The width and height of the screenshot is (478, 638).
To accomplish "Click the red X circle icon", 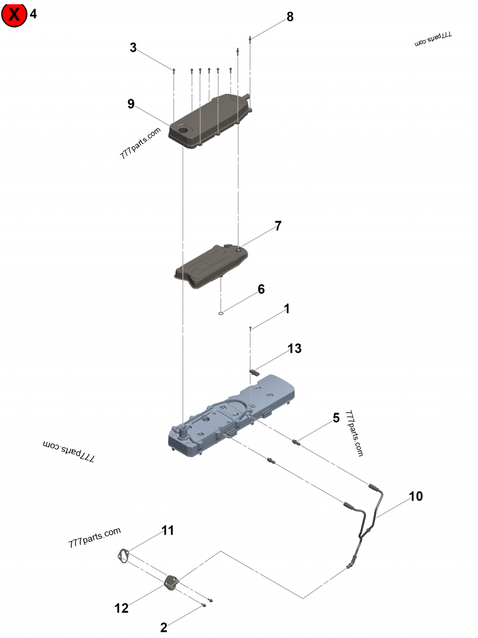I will [14, 15].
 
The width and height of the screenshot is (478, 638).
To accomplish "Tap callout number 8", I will [290, 17].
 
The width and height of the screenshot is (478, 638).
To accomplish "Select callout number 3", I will [133, 48].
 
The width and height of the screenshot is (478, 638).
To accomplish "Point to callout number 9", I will [131, 104].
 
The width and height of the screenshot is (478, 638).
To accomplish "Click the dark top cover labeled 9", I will [209, 123].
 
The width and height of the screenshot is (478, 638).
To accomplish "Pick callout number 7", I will [278, 226].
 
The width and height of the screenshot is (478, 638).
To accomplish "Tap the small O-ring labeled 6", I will [221, 312].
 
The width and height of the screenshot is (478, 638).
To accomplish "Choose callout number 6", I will [261, 289].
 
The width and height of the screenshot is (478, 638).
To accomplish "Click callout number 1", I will [287, 309].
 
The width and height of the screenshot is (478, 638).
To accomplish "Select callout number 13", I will [295, 348].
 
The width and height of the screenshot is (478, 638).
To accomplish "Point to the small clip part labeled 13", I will [255, 371].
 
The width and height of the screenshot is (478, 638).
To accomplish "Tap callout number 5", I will [336, 417].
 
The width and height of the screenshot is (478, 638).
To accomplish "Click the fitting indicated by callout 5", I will [296, 442].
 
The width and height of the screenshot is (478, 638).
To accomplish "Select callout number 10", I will [416, 496].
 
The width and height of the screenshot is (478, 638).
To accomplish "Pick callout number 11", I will [168, 530].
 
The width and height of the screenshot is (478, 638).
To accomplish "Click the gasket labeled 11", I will [123, 555].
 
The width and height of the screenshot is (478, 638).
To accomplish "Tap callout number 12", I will [121, 608].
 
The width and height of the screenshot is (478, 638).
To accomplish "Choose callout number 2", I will [163, 627].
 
